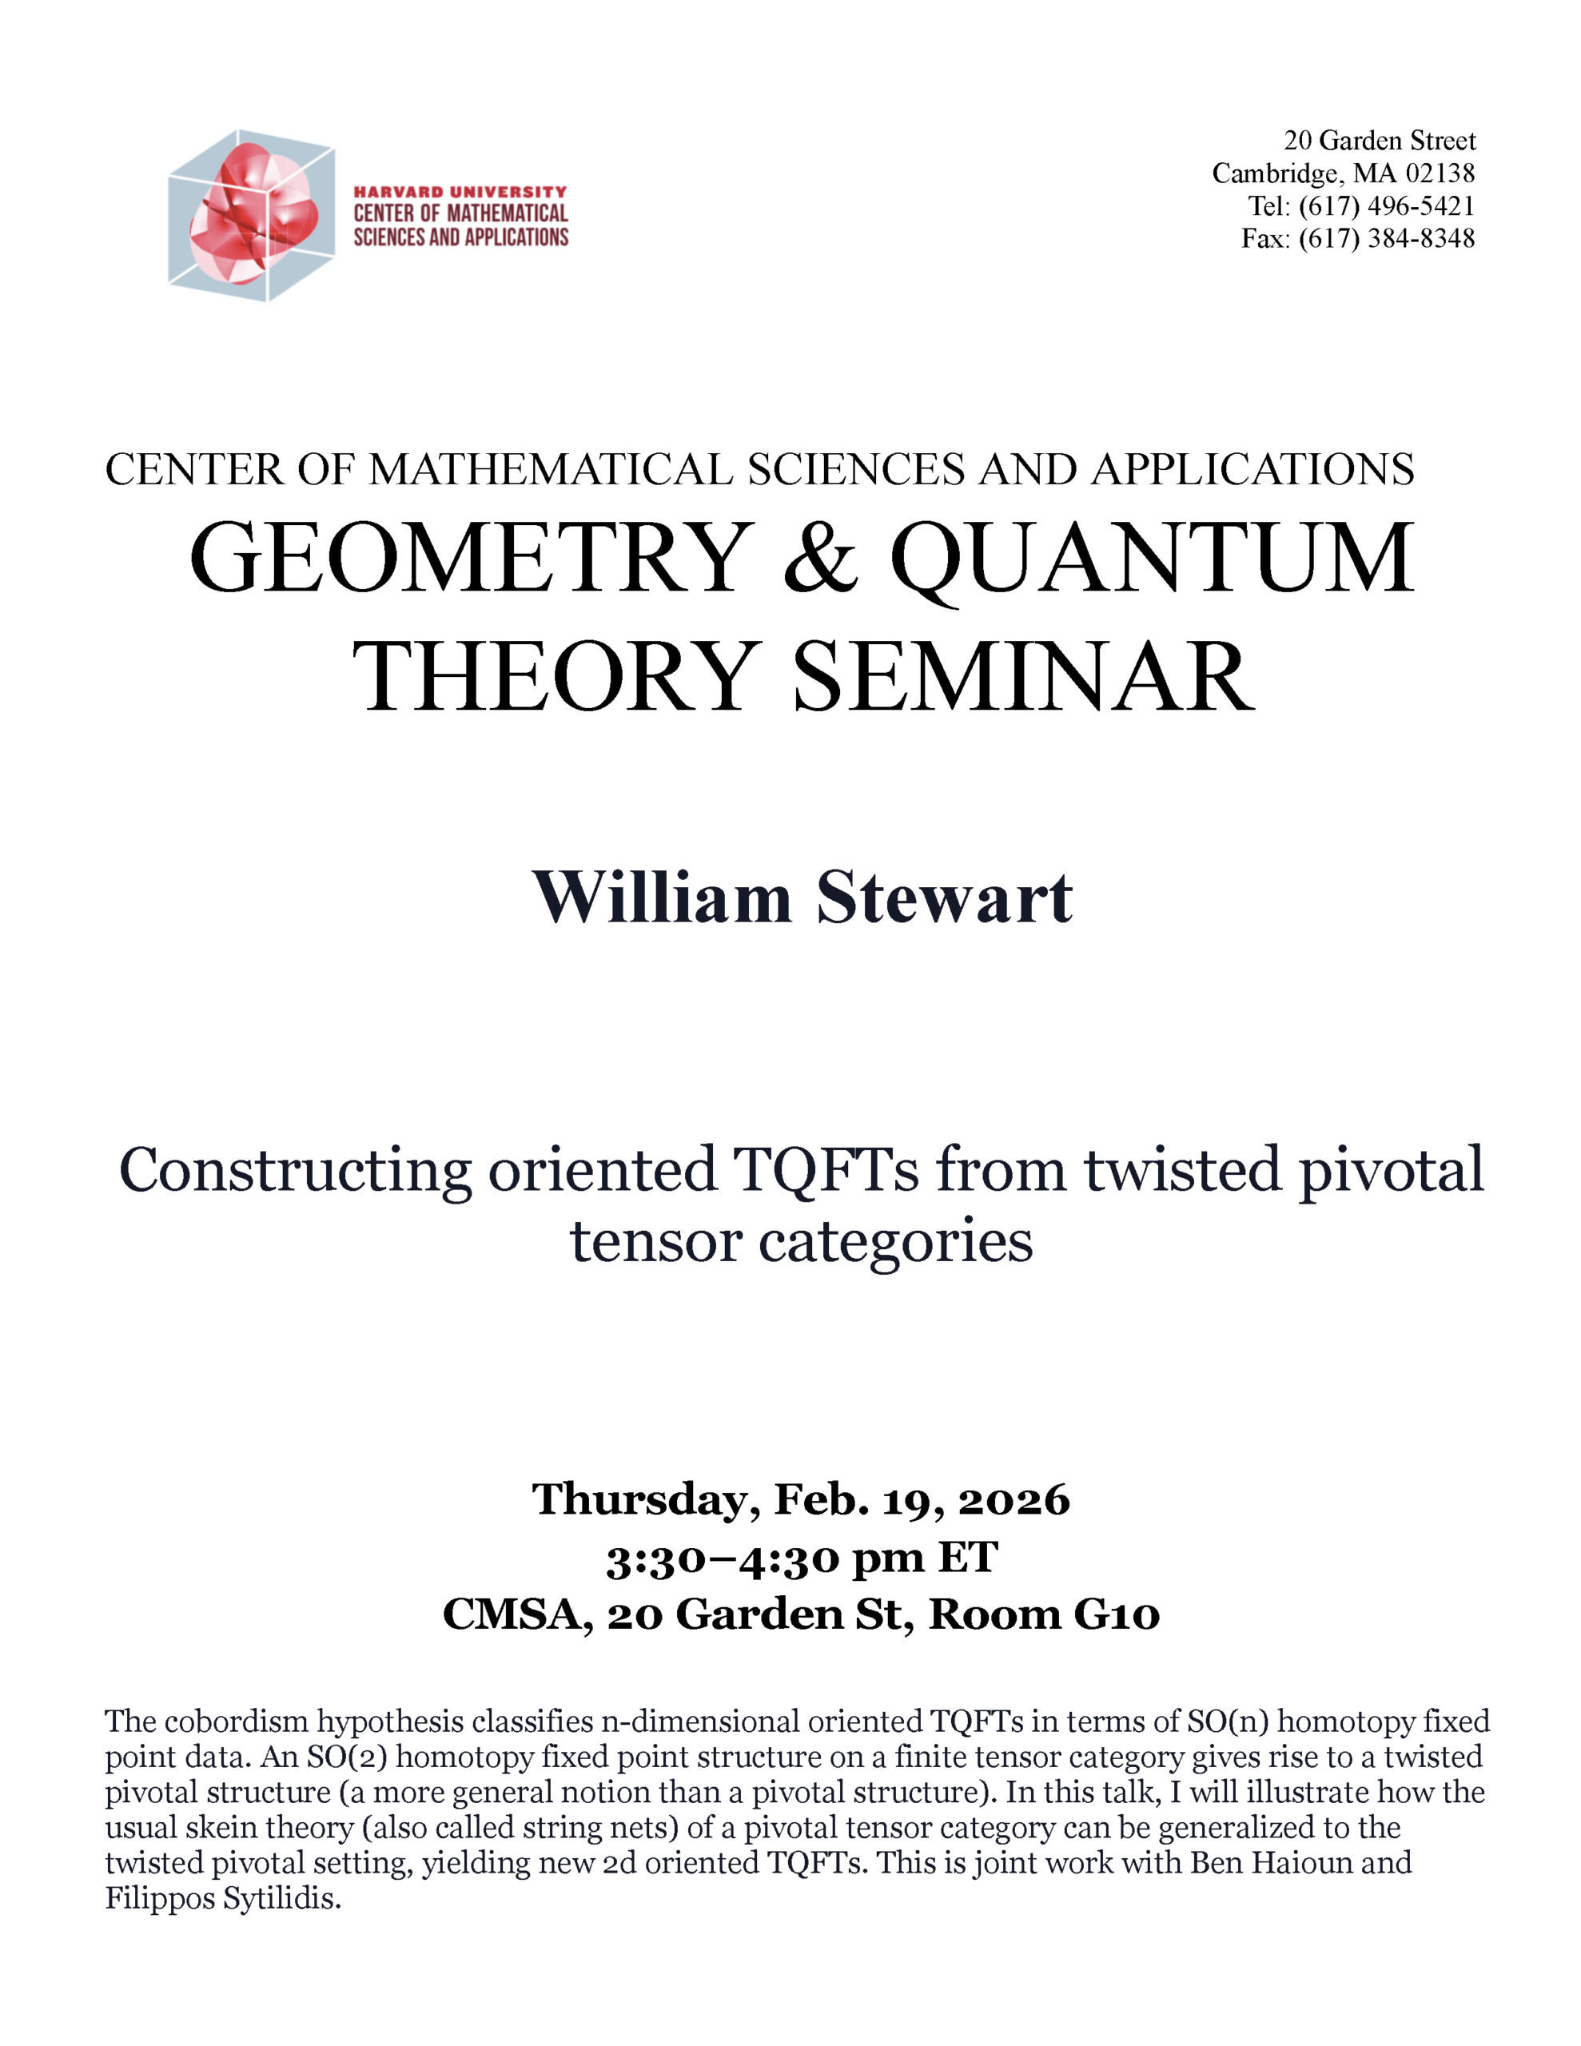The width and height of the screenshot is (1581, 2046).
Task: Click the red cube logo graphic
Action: [x=251, y=216]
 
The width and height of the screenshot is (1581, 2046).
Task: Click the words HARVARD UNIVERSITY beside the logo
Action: [x=460, y=192]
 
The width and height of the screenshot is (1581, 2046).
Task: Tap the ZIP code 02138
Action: [x=1440, y=173]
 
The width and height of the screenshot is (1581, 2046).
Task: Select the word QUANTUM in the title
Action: [x=1152, y=560]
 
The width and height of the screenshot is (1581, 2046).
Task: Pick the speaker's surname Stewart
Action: [x=944, y=898]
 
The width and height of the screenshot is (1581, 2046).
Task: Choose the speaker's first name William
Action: [x=662, y=898]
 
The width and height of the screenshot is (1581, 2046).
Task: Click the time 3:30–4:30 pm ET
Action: [x=801, y=1558]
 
